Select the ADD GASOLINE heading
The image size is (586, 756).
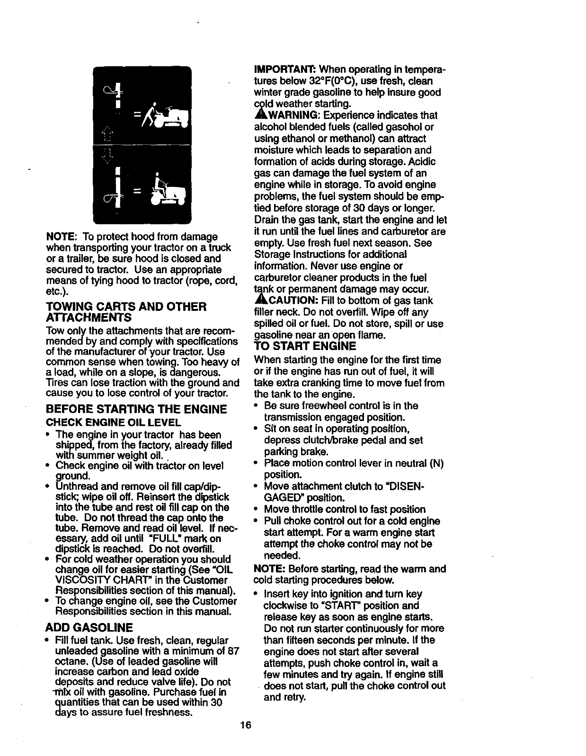pyautogui.click(x=89, y=628)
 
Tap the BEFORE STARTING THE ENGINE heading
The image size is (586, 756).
pyautogui.click(x=136, y=409)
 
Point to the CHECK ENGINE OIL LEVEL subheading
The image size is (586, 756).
pyautogui.click(x=113, y=422)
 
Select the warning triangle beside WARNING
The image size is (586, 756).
pyautogui.click(x=259, y=115)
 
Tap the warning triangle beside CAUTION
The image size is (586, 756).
pyautogui.click(x=259, y=300)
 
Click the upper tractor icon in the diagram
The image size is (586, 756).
pyautogui.click(x=169, y=115)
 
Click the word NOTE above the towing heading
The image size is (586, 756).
pyautogui.click(x=62, y=236)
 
